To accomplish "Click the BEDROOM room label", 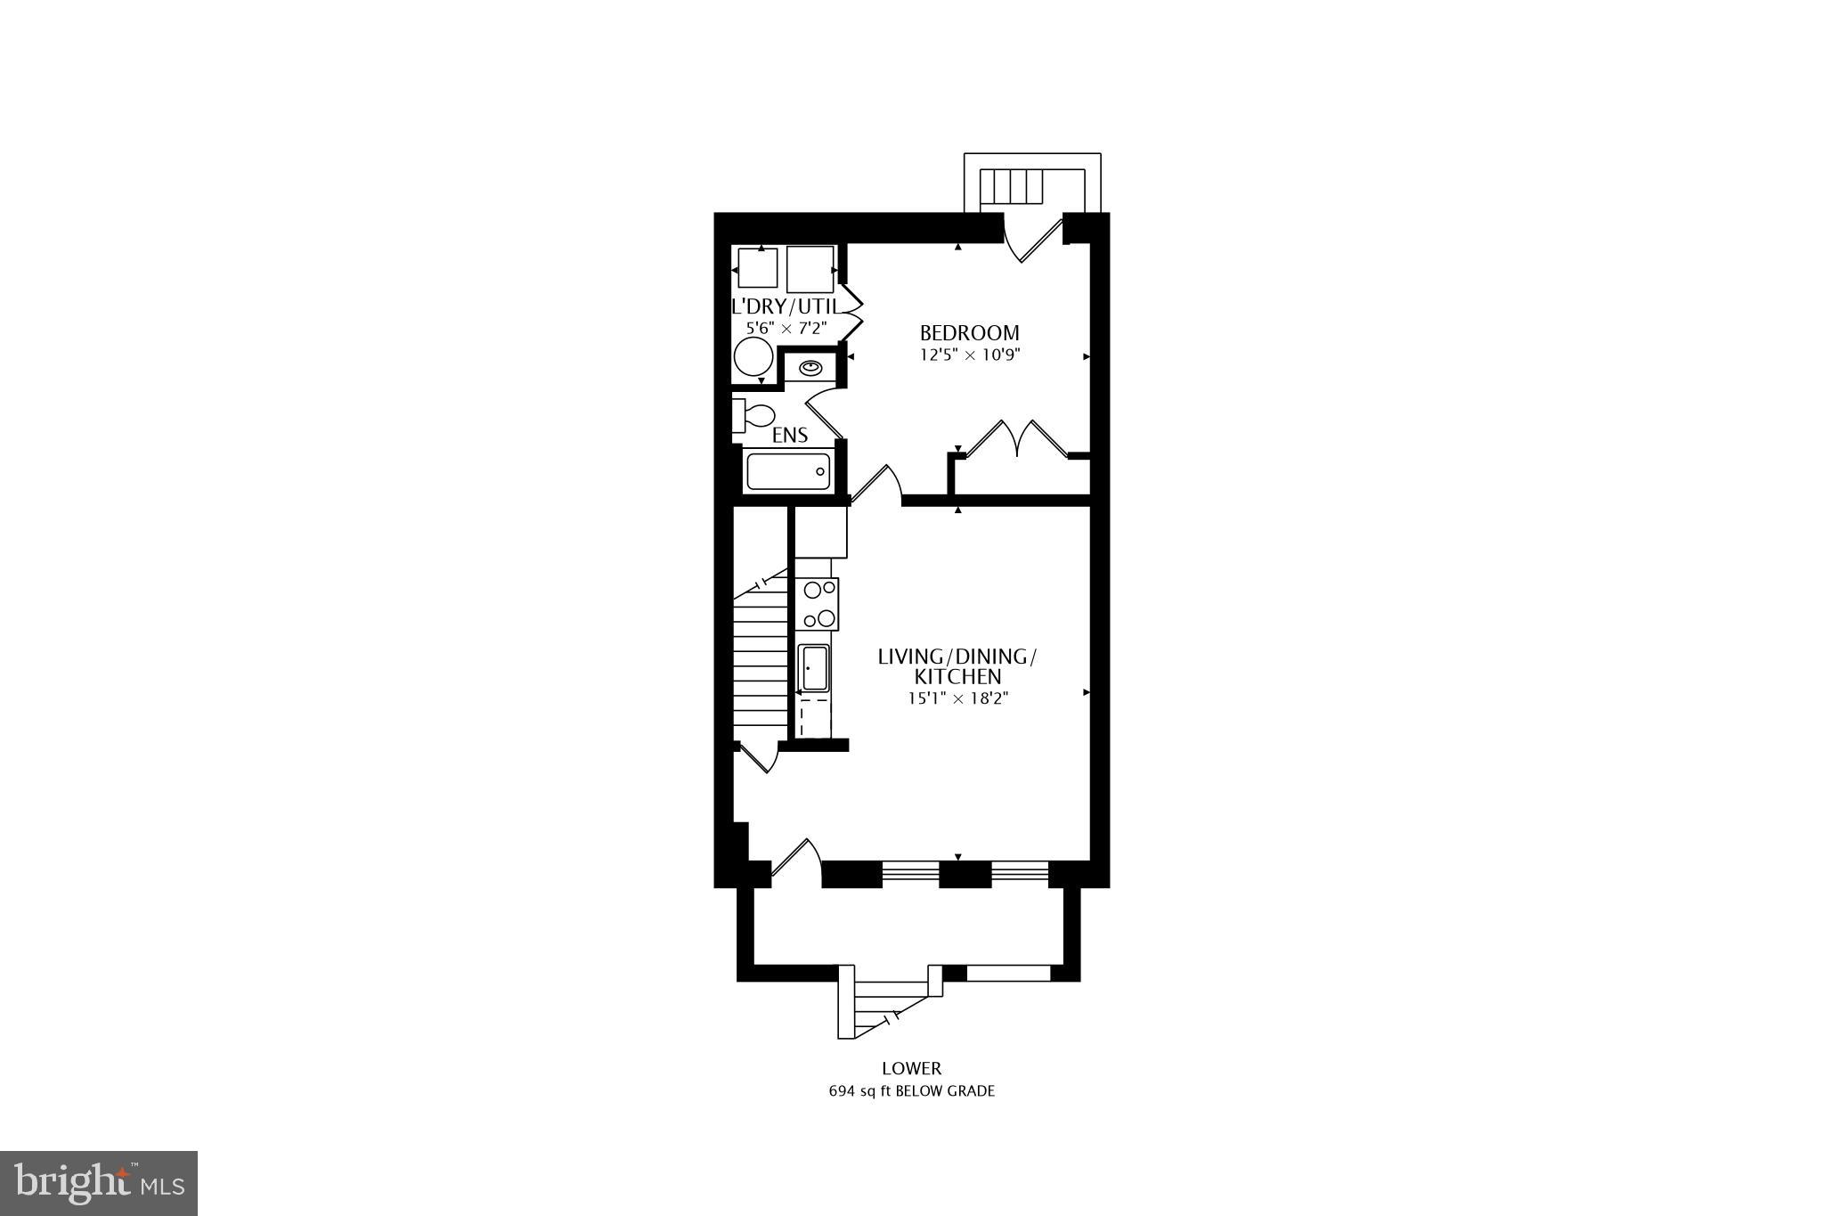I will click(x=969, y=333).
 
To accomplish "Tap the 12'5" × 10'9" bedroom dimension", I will click(x=969, y=355).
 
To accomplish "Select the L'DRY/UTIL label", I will click(x=785, y=307).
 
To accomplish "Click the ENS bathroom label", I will click(x=790, y=435).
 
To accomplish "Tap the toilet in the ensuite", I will click(x=753, y=416).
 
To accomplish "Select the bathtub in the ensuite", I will click(x=788, y=471).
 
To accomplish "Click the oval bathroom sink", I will click(x=810, y=367).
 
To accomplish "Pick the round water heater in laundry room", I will click(x=753, y=359).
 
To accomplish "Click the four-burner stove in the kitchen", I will click(x=819, y=604).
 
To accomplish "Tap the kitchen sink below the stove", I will click(x=814, y=668).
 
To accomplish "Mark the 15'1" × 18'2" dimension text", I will click(x=957, y=699).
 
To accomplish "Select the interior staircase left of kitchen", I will click(x=761, y=659).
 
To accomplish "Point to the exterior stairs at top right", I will click(x=1012, y=187).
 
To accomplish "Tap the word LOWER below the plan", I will click(x=911, y=1068).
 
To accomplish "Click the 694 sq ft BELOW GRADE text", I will click(x=911, y=1091).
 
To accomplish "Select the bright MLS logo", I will click(x=99, y=1183).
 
